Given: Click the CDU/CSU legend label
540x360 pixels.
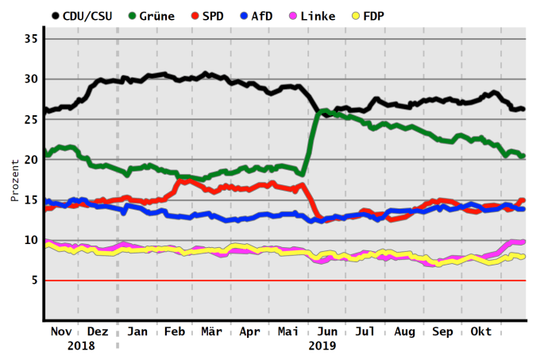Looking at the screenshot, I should coord(87,16).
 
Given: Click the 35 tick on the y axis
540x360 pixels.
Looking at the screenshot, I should coord(30,39).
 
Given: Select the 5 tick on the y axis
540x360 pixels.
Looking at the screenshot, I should coord(33,281).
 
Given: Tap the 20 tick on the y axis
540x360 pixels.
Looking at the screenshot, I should coord(30,160).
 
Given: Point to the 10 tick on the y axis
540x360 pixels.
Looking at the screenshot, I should coord(30,240).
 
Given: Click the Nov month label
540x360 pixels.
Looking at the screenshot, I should coord(60,331).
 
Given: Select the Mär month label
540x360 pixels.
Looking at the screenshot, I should coord(212,331).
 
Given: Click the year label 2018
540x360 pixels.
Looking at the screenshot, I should coord(81,346).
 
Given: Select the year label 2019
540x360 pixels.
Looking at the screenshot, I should coord(322,346).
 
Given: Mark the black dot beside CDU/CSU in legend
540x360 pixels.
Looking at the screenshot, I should coord(55,16).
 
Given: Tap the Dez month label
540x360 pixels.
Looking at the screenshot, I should coord(98,331).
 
